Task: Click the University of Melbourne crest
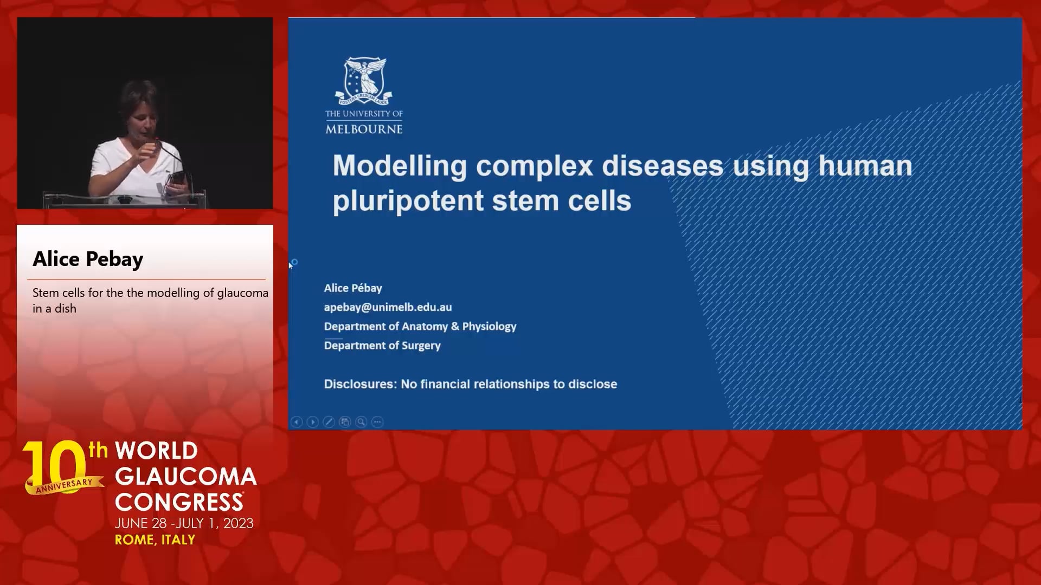point(364,81)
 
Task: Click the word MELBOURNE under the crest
point(364,129)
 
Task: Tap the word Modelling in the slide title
point(400,166)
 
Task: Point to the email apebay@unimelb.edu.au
point(388,307)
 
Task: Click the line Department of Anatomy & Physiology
point(420,326)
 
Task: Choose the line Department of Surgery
point(382,345)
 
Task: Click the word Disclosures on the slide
point(360,384)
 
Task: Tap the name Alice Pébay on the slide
point(353,288)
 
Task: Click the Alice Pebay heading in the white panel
point(88,259)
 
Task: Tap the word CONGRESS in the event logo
point(178,502)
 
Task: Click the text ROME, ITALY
point(155,539)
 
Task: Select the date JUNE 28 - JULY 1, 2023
point(184,523)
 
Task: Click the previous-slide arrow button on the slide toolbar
point(297,422)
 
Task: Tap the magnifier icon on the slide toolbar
point(361,422)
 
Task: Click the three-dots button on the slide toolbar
point(377,422)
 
